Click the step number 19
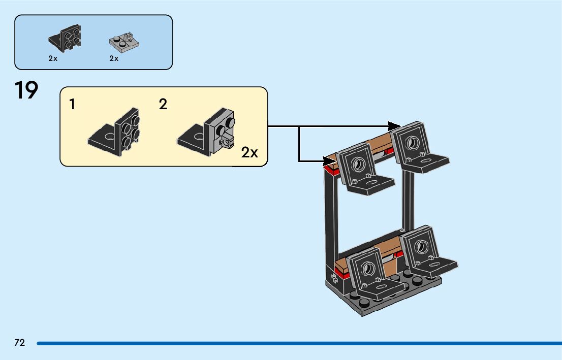(26, 90)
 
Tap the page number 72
(20, 343)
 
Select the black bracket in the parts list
(65, 38)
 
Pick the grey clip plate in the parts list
(124, 43)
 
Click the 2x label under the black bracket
(53, 58)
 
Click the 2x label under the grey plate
(114, 58)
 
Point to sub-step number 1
(72, 104)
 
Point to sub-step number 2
(163, 104)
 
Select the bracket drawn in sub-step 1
(114, 132)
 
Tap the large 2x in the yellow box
(249, 153)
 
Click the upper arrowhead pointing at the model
(394, 126)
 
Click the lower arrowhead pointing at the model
(329, 161)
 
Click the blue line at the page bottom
(299, 344)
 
